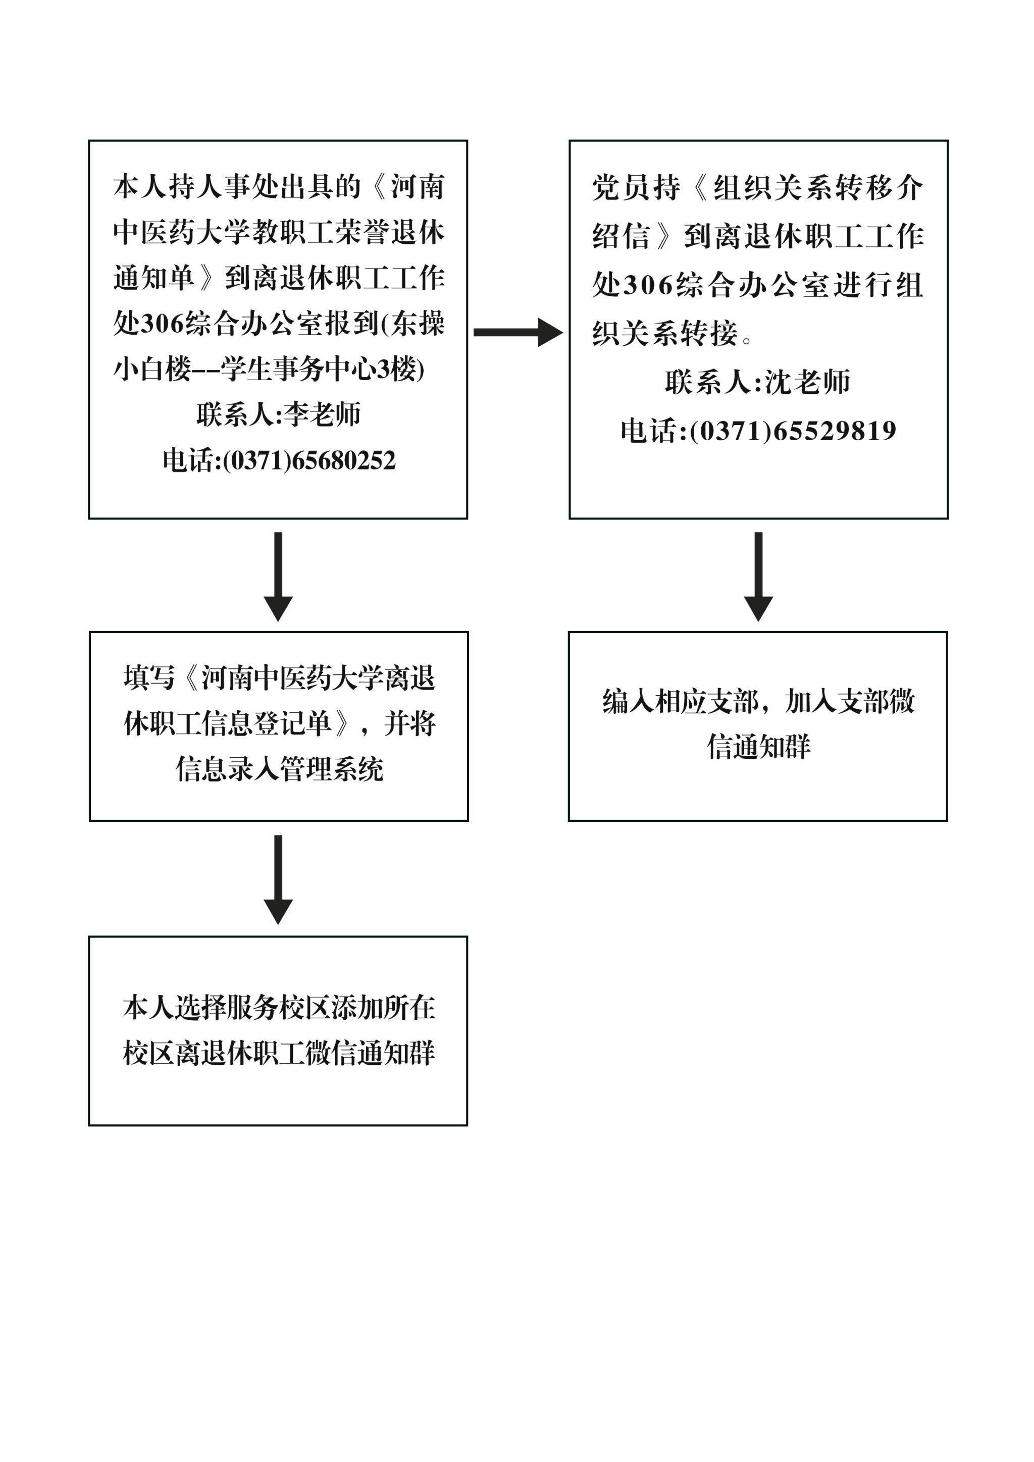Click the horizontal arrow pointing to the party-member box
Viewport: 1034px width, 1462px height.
click(519, 332)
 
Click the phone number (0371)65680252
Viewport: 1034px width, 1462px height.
click(309, 460)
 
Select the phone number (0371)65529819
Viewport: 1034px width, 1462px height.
click(793, 431)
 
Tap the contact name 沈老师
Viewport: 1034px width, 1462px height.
click(807, 382)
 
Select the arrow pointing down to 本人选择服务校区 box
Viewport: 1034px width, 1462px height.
click(278, 879)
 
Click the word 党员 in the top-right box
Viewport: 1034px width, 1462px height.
click(621, 188)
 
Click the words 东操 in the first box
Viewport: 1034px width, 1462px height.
click(417, 324)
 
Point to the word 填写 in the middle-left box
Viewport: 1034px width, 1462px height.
click(149, 678)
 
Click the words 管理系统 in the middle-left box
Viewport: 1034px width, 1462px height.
click(331, 769)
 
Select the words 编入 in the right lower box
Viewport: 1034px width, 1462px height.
click(629, 701)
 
